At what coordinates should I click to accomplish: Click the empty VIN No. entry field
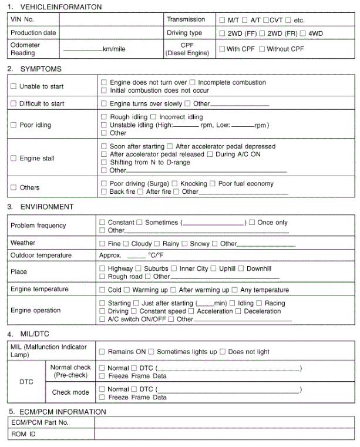tap(111, 19)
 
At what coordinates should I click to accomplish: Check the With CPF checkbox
tap(222, 49)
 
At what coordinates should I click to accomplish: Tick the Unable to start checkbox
tap(14, 86)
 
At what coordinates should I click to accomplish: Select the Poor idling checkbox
tap(14, 125)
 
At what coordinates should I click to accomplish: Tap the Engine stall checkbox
tap(14, 159)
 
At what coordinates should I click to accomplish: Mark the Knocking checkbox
tap(175, 184)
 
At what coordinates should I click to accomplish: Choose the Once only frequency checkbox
tap(252, 223)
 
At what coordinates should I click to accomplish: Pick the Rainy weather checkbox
tap(157, 244)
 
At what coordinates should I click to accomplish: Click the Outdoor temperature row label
tap(41, 256)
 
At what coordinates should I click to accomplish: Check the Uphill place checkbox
tap(214, 269)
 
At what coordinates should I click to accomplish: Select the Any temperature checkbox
tap(235, 290)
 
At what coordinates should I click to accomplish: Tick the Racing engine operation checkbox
tap(260, 304)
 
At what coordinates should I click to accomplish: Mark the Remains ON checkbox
tap(103, 352)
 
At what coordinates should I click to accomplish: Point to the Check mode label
tap(70, 392)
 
